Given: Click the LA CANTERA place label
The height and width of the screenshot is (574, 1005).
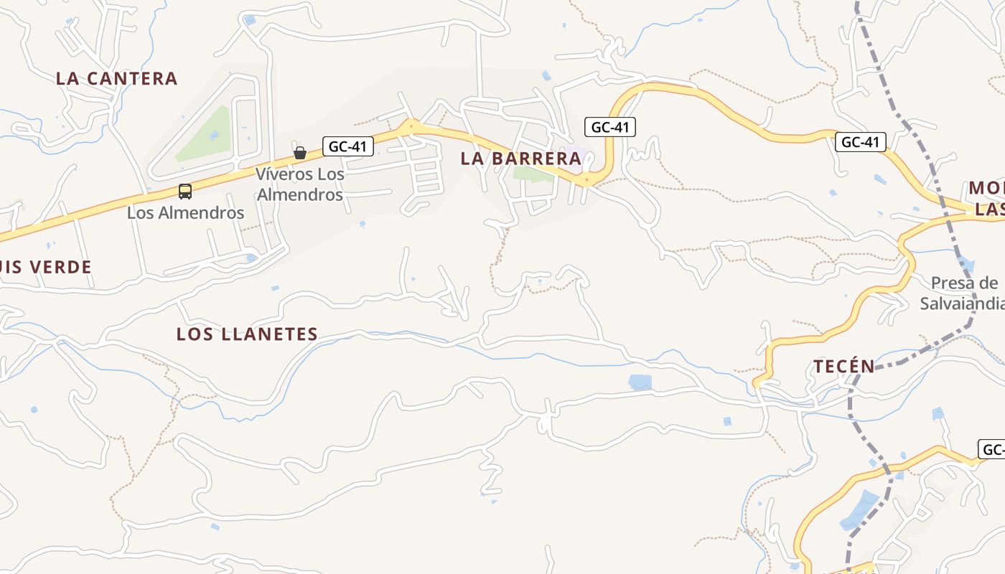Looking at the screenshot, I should [x=116, y=78].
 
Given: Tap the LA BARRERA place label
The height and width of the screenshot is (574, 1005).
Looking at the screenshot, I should [x=520, y=159].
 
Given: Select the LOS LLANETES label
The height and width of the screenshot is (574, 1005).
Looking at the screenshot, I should [x=247, y=334].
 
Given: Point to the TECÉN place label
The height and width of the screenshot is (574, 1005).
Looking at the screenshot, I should [x=843, y=367].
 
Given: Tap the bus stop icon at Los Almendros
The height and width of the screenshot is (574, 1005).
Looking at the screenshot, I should [x=185, y=192].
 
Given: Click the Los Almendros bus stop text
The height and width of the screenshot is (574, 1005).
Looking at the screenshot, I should [x=186, y=212].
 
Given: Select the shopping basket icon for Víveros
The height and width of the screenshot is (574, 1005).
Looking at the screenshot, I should [x=300, y=152].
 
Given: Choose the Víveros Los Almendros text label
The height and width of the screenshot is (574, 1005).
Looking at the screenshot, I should [x=300, y=184].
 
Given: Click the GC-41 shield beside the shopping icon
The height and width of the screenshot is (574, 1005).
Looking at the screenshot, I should [x=347, y=146].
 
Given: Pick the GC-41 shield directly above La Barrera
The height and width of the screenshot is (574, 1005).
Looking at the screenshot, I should [x=609, y=127].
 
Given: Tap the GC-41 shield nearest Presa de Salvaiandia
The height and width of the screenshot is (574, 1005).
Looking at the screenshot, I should [x=860, y=141].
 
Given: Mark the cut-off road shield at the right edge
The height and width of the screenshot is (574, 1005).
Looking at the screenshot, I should [x=992, y=450].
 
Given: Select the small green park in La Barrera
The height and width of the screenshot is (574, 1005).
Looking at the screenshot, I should [x=532, y=174].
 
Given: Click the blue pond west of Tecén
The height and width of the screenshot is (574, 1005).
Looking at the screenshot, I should [x=640, y=382].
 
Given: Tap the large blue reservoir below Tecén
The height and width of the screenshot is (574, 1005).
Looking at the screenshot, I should [x=859, y=510].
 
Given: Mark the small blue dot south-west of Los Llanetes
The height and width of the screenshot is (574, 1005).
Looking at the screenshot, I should [x=34, y=410].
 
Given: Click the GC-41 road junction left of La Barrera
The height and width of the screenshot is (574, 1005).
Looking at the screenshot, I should [x=411, y=128].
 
